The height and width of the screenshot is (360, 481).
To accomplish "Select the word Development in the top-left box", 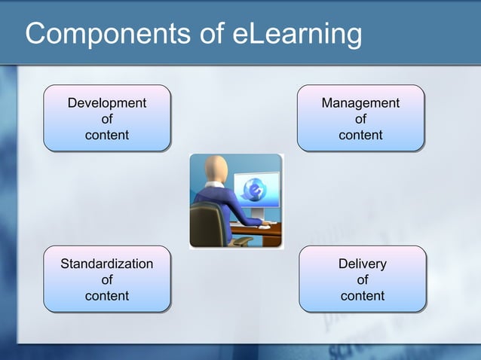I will click(107, 102).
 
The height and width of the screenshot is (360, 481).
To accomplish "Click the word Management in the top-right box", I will click(360, 102).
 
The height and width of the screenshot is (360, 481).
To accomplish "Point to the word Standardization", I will click(106, 264).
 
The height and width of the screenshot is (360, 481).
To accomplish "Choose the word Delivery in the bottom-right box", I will click(363, 264).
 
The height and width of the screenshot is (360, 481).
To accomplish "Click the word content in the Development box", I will click(107, 136).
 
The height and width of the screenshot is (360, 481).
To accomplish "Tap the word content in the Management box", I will click(360, 136).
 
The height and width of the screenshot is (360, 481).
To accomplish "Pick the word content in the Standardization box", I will click(106, 296).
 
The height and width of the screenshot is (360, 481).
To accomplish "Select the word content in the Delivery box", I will click(363, 296).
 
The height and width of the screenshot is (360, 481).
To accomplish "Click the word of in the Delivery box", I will click(363, 280).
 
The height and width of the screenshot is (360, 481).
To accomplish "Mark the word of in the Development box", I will click(107, 119).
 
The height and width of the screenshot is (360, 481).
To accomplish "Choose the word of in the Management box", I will click(360, 119).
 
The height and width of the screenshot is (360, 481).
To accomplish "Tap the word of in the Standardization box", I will click(106, 280).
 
